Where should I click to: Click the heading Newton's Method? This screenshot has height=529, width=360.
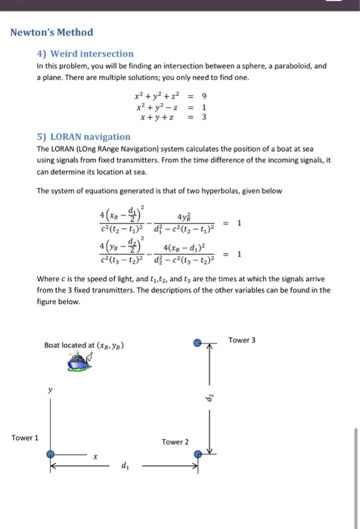point(51,32)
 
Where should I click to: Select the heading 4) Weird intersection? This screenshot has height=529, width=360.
point(85,54)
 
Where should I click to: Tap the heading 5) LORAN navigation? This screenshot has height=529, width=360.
point(83,137)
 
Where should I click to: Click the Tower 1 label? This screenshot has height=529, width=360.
point(24,438)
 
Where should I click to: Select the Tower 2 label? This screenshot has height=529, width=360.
point(175,442)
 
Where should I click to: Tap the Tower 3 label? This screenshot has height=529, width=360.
point(241,340)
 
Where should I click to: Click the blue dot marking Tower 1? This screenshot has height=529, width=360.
point(50,454)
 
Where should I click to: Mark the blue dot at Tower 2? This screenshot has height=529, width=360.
point(198,454)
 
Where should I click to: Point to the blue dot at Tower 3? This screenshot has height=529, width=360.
point(198,342)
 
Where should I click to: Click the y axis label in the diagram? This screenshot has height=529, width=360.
point(51,391)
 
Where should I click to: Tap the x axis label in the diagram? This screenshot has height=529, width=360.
point(96,456)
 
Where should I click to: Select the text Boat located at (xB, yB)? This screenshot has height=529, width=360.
point(84,345)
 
